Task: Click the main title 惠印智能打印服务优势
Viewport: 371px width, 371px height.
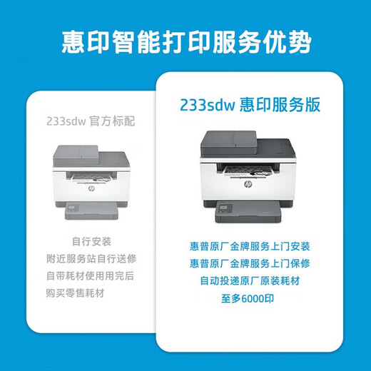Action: coord(185,41)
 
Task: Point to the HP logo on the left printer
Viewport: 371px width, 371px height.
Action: coord(91,190)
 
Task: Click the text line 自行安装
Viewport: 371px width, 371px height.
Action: coord(91,242)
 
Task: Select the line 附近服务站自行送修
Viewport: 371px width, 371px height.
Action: coord(91,258)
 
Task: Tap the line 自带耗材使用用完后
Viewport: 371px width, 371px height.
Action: coord(91,275)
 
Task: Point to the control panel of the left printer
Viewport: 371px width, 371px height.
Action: coord(74,209)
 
